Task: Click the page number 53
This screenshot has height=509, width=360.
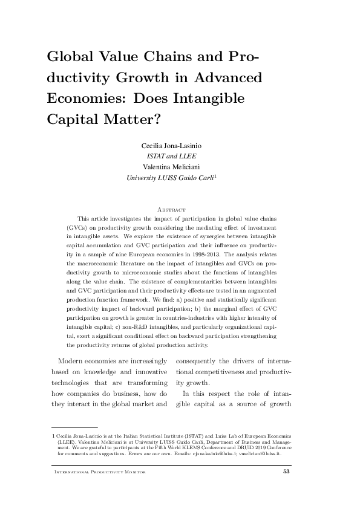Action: (x=287, y=472)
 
